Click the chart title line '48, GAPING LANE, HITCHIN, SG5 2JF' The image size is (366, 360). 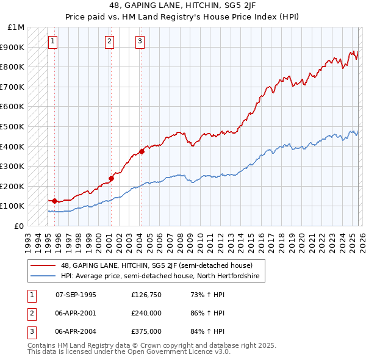182,7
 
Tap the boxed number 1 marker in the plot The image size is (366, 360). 52,41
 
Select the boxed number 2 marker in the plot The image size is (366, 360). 109,41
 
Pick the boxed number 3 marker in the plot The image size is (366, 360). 140,41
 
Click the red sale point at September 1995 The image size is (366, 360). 54,201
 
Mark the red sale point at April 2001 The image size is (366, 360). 111,178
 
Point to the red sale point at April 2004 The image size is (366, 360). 142,151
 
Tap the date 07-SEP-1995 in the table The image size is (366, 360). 76,295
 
